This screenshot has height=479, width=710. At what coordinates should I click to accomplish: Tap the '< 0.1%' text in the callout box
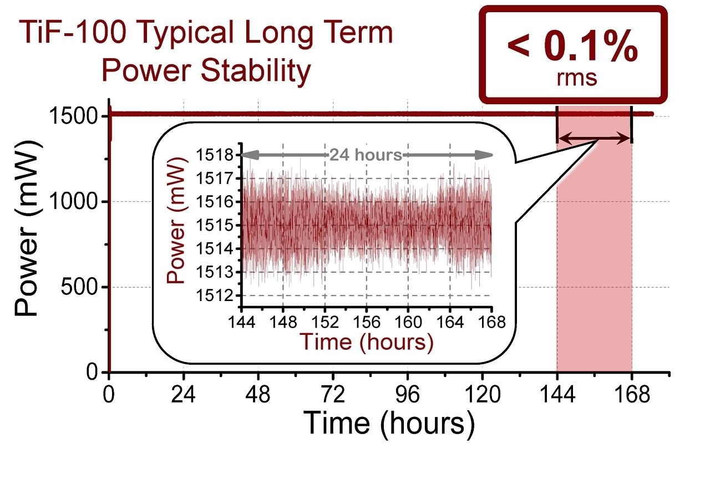tap(572, 48)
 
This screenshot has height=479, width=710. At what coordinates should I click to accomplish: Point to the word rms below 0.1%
tap(576, 77)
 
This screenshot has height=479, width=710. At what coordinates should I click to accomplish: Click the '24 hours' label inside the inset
tap(366, 155)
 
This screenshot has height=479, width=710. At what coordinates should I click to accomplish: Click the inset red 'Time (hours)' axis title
tap(366, 342)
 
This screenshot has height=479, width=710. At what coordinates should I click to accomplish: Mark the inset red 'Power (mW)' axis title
tap(177, 225)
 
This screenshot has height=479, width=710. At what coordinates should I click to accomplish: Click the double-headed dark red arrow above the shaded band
tap(594, 139)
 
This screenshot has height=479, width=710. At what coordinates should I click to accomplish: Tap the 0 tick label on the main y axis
tap(92, 373)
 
